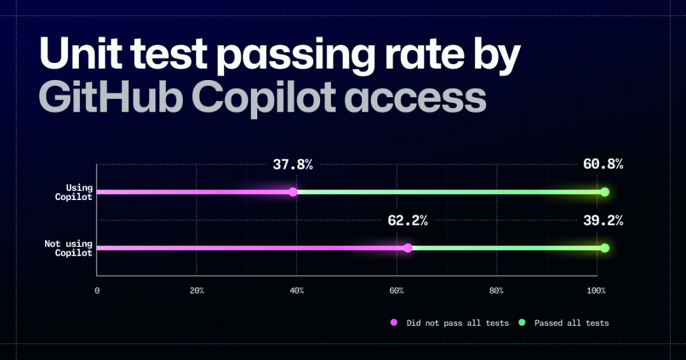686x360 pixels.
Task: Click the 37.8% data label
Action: tap(293, 165)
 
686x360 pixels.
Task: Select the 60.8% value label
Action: tap(603, 165)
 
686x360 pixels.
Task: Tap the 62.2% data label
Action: tap(407, 221)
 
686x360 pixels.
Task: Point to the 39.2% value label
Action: tap(603, 221)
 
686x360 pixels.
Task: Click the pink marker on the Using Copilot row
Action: tap(293, 192)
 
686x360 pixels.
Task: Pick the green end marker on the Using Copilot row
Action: tap(605, 192)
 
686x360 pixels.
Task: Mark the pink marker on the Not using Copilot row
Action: tap(408, 248)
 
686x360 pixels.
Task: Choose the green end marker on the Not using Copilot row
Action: tap(605, 248)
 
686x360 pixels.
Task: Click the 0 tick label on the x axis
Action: tap(97, 291)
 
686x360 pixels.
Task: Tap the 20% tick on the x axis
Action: tap(197, 291)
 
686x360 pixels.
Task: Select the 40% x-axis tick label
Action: tap(297, 291)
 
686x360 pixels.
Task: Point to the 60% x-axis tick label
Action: tap(396, 291)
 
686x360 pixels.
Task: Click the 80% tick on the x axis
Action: tap(497, 291)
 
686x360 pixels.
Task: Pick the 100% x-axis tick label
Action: tap(596, 291)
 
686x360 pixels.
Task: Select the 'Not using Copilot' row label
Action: tap(69, 248)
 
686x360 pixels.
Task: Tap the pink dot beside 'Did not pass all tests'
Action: tap(394, 323)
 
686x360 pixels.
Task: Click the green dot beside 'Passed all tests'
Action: tap(522, 323)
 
